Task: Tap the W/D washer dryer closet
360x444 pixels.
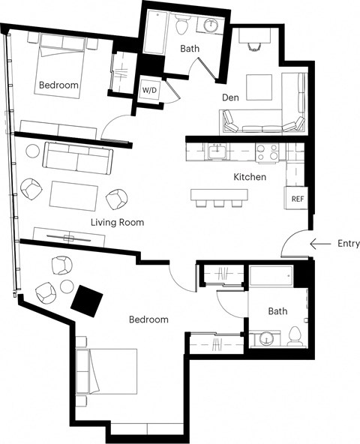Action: tap(149, 89)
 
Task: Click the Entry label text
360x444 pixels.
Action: tap(349, 244)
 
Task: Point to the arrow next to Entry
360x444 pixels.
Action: tap(322, 244)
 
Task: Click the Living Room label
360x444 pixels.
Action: tap(117, 223)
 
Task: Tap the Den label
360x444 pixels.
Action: tap(230, 97)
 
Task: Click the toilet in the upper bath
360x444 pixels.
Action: tap(181, 26)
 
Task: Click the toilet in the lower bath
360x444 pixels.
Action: tap(294, 335)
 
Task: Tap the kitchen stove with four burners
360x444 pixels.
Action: tap(268, 153)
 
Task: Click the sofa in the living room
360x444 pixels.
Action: tap(78, 156)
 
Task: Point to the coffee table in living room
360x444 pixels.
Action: tap(73, 195)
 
